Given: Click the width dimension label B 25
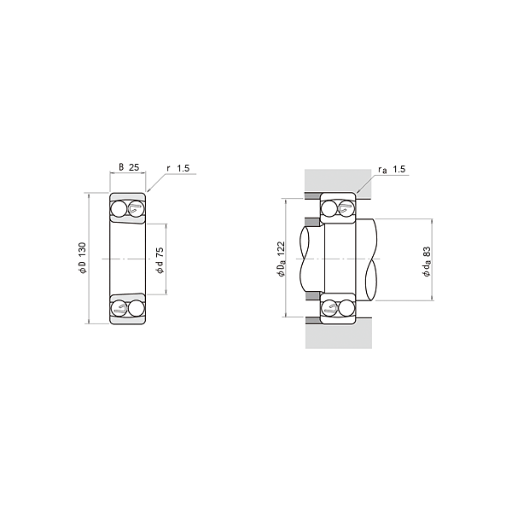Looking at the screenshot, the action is click(x=129, y=167).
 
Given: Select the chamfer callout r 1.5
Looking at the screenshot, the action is click(x=178, y=168).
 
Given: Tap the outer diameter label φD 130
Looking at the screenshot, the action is click(x=82, y=258).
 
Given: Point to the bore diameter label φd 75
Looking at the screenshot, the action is click(x=160, y=260).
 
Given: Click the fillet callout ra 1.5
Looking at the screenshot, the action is click(x=392, y=169).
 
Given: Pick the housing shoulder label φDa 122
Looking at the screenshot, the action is click(x=281, y=259).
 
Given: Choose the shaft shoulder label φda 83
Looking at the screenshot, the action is click(x=427, y=262).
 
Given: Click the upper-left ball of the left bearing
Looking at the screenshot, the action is click(x=118, y=209).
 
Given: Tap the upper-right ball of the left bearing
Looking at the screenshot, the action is click(x=137, y=209).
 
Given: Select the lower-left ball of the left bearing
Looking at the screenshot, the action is click(x=119, y=308).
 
